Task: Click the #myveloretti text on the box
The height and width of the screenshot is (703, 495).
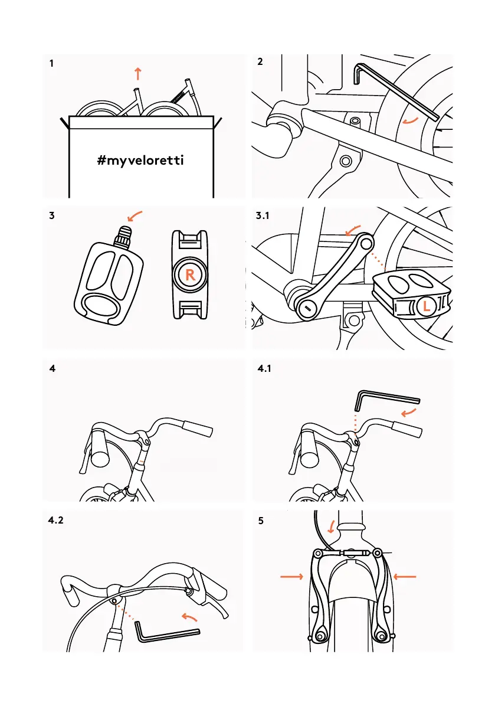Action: (141, 160)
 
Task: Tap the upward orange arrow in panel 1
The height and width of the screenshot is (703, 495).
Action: (137, 74)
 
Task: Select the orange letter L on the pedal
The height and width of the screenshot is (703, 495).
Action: (427, 306)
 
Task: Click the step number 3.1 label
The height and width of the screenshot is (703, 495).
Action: (263, 216)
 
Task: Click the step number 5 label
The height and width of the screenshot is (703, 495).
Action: (261, 522)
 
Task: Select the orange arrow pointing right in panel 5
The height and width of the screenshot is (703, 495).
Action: (291, 577)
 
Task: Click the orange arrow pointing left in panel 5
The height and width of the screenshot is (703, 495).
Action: (405, 577)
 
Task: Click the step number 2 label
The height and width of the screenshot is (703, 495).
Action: (261, 63)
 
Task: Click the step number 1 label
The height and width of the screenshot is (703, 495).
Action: (52, 63)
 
